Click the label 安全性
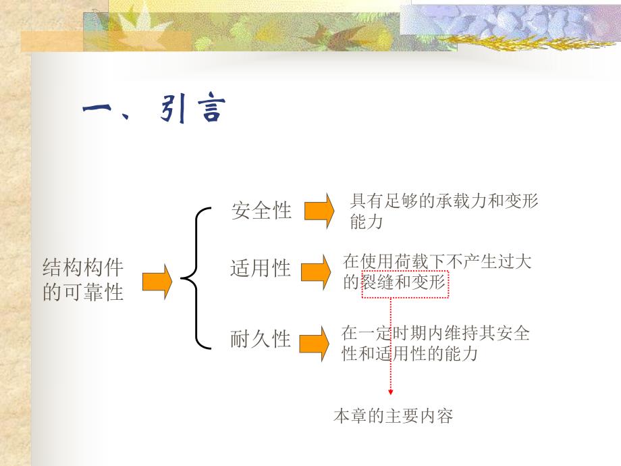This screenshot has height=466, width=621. pos(261,211)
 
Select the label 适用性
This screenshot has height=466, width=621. pos(261,269)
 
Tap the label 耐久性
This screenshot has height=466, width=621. pos(261,339)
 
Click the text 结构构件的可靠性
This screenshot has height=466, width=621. pos(83,280)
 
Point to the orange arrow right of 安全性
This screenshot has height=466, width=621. pos(319,211)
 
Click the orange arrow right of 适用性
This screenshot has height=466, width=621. pos(315,271)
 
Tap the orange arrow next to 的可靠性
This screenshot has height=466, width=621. pos(157,281)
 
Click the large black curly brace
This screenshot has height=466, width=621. pos(193,278)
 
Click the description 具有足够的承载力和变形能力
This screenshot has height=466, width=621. pos(444,211)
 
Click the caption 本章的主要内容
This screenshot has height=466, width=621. pos(393,416)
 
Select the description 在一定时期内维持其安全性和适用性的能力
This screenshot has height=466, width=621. pos(435,343)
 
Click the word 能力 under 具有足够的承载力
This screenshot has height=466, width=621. pos(367,222)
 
